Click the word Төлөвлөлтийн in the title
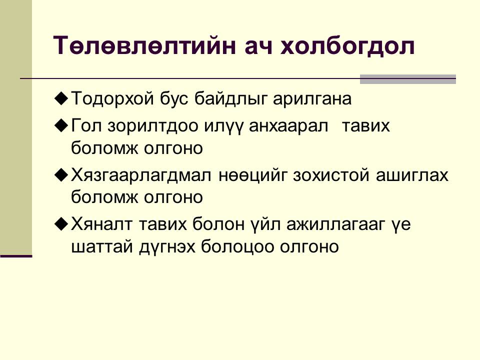click(x=145, y=46)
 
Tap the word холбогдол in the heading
click(x=348, y=46)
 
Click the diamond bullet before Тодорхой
click(x=61, y=99)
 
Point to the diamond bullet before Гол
click(x=61, y=125)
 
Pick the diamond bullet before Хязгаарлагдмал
click(x=61, y=175)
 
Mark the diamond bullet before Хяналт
click(x=61, y=224)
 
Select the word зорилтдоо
click(x=153, y=126)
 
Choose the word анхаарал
click(x=288, y=126)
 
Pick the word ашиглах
click(x=412, y=175)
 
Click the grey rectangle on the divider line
click(x=408, y=79)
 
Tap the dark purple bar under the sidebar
click(x=16, y=256)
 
